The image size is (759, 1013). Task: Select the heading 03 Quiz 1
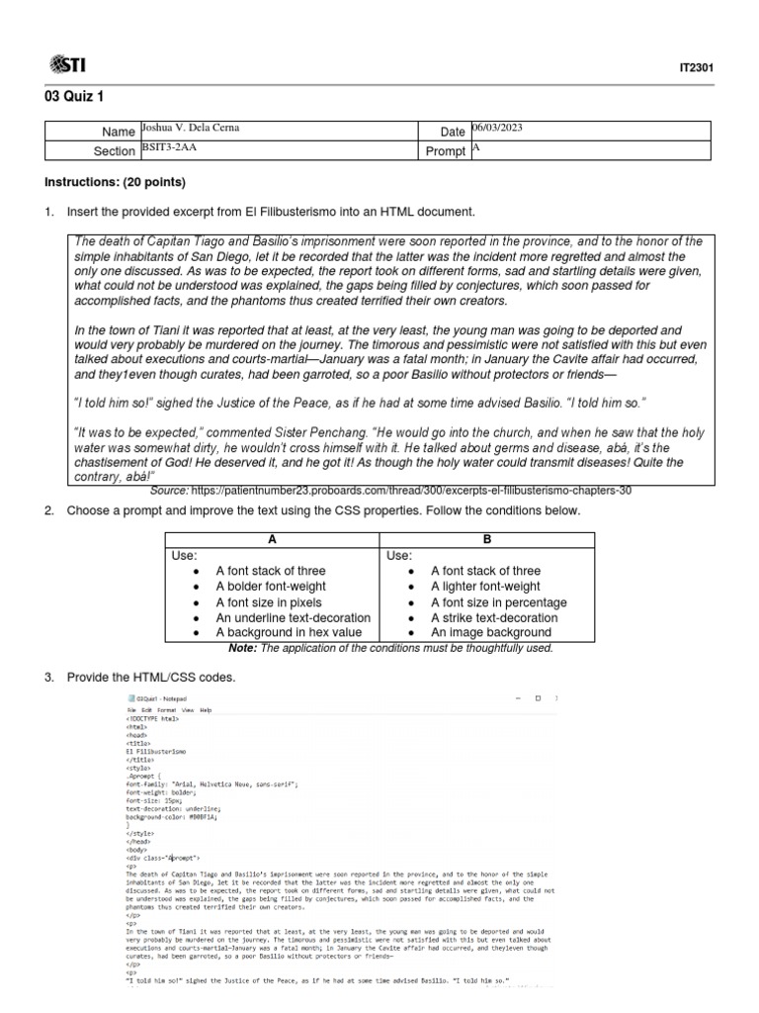72,97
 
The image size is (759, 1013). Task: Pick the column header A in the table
272,539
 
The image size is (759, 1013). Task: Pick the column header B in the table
485,539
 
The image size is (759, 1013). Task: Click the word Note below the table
241,647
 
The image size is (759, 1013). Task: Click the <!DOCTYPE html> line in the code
152,719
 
